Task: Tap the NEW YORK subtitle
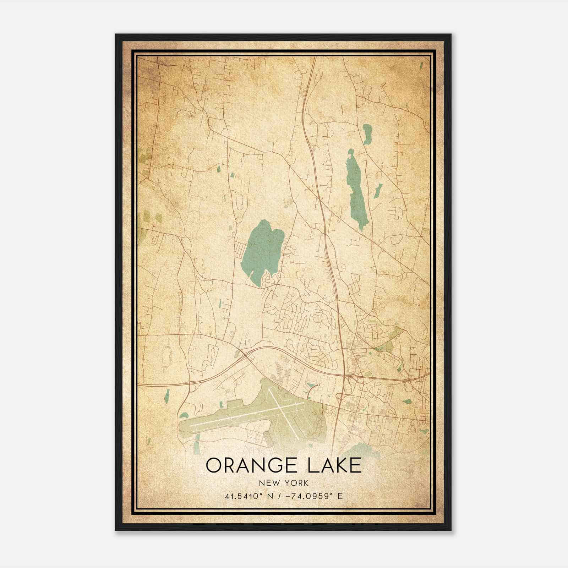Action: pyautogui.click(x=284, y=483)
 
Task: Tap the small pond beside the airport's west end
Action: pyautogui.click(x=184, y=415)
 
